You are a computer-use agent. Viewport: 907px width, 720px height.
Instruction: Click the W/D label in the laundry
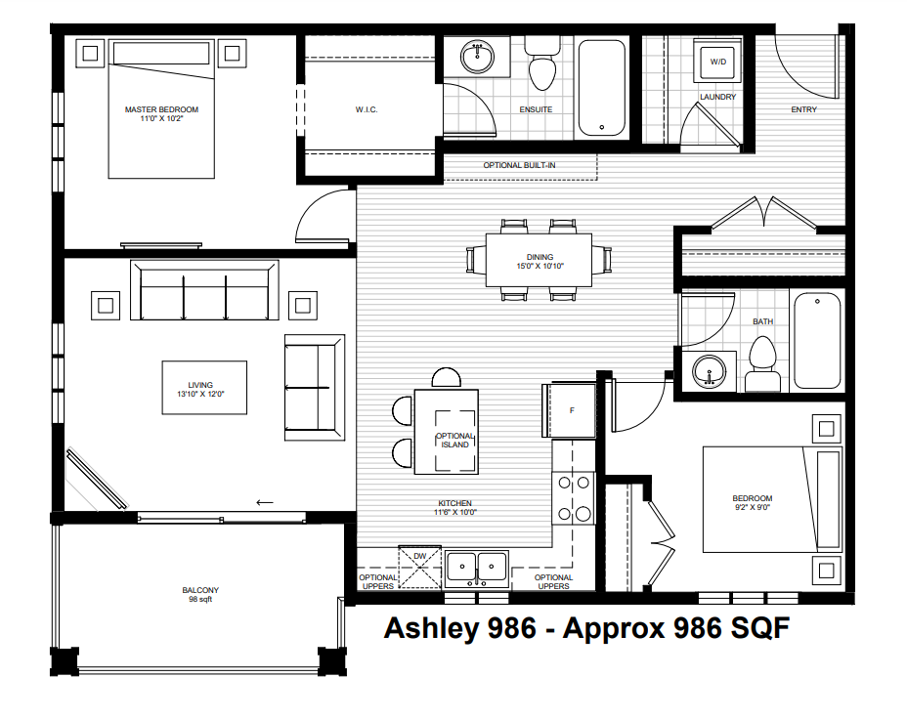pyautogui.click(x=718, y=62)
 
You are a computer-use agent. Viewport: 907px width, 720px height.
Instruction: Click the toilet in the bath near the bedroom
pyautogui.click(x=760, y=366)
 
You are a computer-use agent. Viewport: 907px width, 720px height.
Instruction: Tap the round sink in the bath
pyautogui.click(x=709, y=372)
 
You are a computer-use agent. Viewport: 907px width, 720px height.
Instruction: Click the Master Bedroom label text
pyautogui.click(x=161, y=109)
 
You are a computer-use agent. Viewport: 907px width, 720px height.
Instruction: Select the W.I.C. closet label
pyautogui.click(x=367, y=109)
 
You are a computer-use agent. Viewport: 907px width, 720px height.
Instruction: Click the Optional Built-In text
pyautogui.click(x=519, y=165)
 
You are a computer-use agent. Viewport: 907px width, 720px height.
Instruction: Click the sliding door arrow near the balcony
pyautogui.click(x=264, y=502)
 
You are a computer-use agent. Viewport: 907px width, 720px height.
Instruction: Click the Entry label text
pyautogui.click(x=803, y=109)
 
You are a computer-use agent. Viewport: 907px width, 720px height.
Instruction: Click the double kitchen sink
pyautogui.click(x=477, y=567)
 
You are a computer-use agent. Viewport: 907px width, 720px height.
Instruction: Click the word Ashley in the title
pyautogui.click(x=431, y=628)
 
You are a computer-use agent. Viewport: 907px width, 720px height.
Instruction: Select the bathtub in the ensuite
pyautogui.click(x=600, y=87)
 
